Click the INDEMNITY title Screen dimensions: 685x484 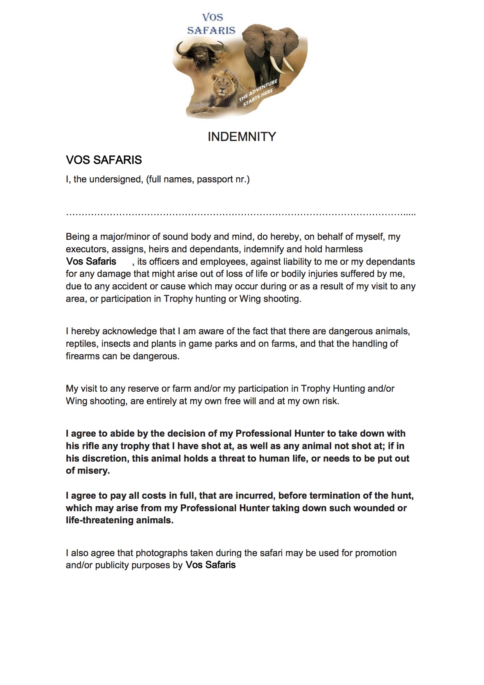click(x=242, y=137)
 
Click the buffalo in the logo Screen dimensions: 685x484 click(x=199, y=53)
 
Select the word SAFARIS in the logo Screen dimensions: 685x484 click(x=211, y=30)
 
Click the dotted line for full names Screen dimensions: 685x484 click(x=241, y=214)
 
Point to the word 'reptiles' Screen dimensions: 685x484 click(x=81, y=344)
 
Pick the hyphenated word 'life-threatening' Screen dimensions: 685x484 click(x=100, y=521)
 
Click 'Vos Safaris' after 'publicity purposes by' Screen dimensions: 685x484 click(x=211, y=565)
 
